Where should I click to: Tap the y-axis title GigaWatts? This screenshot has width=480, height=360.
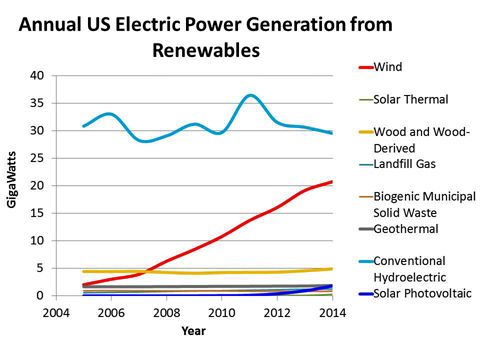click(x=13, y=186)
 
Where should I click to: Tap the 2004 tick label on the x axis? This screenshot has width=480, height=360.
click(x=55, y=312)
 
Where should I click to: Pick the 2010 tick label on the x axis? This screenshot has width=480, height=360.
click(x=221, y=312)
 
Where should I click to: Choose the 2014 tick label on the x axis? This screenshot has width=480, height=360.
click(x=331, y=312)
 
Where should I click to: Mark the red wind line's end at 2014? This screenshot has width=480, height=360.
click(x=331, y=182)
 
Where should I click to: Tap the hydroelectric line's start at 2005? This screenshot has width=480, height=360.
click(x=84, y=126)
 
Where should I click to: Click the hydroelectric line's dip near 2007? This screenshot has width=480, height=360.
click(x=145, y=141)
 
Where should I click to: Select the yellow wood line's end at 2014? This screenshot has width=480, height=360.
click(x=331, y=269)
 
